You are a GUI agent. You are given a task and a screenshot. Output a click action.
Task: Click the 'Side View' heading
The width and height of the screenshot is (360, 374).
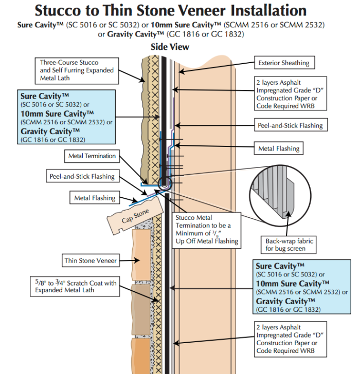170,47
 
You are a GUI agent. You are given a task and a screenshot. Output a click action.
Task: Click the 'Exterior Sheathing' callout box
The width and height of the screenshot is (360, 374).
284,63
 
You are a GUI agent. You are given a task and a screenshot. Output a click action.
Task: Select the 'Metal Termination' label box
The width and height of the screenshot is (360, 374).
92,156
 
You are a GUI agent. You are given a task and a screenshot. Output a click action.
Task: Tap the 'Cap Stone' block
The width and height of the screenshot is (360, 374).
135,215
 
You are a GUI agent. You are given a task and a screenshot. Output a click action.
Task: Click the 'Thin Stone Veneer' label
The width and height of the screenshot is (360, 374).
91,260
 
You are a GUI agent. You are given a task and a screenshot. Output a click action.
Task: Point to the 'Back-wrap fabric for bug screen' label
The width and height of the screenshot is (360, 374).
289,245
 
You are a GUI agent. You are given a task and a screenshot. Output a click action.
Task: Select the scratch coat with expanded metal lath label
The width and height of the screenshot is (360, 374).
76,286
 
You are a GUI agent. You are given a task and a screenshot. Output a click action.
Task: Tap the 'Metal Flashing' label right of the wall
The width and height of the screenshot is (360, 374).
279,149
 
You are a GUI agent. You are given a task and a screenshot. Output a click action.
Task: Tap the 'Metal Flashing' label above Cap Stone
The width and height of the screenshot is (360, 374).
95,198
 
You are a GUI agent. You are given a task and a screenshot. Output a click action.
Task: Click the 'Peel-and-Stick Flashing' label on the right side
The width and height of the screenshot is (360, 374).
290,125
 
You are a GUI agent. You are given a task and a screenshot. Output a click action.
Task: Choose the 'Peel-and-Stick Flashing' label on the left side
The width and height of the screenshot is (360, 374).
82,177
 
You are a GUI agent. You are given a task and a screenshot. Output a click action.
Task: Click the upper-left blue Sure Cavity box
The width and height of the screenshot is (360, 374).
65,117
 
